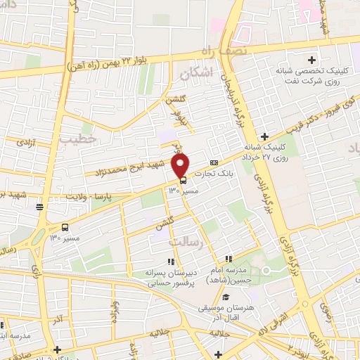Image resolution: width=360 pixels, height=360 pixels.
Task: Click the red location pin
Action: coord(181,165)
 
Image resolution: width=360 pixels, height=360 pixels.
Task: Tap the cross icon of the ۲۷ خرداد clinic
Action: coord(264,136)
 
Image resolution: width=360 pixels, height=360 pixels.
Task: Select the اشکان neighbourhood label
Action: coord(195,72)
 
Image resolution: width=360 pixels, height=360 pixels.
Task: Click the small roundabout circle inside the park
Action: coord(266,271)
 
